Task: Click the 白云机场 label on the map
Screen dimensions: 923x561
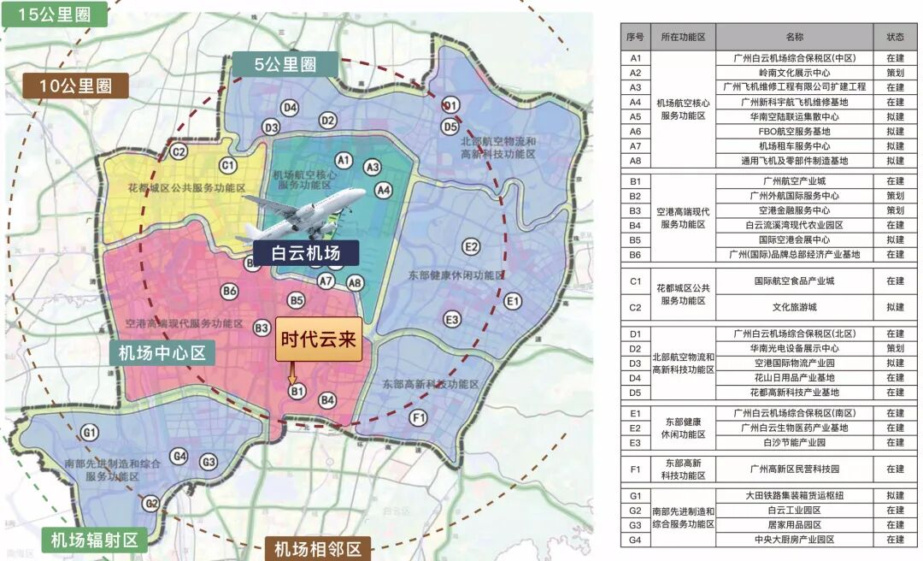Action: (x=306, y=253)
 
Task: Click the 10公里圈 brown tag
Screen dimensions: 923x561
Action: (x=75, y=85)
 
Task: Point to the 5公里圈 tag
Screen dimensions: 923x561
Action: (x=285, y=65)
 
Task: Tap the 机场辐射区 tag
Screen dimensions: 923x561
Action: (x=93, y=540)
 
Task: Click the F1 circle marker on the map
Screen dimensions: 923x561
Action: (x=418, y=418)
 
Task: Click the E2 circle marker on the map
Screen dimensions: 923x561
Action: (x=470, y=247)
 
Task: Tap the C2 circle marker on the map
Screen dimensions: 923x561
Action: (x=179, y=152)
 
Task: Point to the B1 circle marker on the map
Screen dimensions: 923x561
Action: (x=297, y=392)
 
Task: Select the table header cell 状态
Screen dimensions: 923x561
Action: (x=895, y=37)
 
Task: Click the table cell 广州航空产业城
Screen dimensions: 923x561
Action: (x=794, y=181)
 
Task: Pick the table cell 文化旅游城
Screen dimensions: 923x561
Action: (x=794, y=306)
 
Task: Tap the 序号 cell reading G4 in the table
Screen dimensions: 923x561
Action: (x=635, y=540)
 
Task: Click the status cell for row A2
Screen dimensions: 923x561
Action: (x=895, y=73)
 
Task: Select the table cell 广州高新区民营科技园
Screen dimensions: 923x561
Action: (x=794, y=469)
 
